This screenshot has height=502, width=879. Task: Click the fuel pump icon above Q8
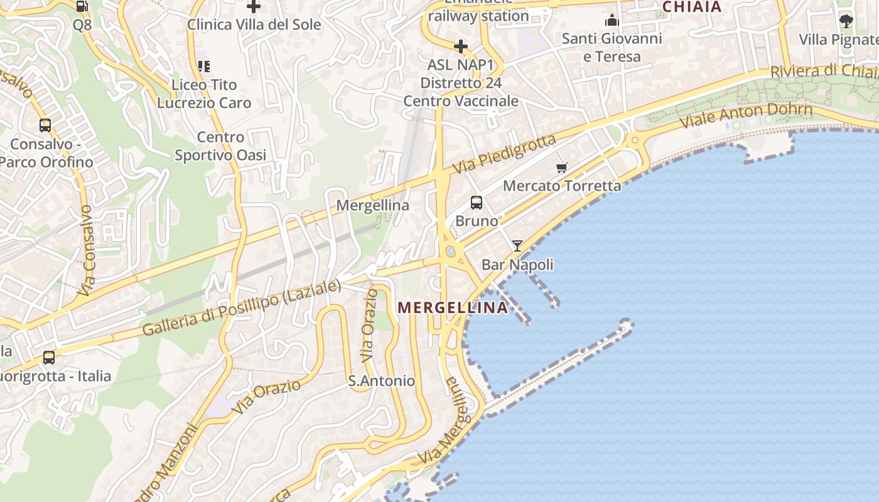pos(82,6)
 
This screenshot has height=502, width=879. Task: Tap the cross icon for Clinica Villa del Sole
pos(254,7)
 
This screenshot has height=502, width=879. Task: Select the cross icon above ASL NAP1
pos(461,46)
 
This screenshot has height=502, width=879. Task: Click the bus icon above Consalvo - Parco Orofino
pos(45,125)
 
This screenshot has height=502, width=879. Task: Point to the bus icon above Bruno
pos(477,203)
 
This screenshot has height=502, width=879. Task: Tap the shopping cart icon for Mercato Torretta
pos(562,168)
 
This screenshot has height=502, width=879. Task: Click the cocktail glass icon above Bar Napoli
pos(517,246)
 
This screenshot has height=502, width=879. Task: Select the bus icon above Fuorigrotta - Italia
pos(49,358)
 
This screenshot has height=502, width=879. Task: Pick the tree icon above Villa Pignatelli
pos(846,21)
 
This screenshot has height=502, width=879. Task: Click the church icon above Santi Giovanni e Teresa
pos(612,21)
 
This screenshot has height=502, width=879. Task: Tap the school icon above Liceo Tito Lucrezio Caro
pos(204,66)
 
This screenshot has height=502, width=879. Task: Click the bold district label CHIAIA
pos(692,7)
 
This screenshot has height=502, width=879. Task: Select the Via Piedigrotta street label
pos(504,154)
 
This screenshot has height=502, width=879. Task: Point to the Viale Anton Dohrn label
pos(748,115)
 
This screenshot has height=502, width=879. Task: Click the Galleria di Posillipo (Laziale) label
pos(242,308)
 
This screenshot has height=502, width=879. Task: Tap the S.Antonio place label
pos(381,381)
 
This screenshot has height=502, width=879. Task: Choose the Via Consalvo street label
pos(86,251)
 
